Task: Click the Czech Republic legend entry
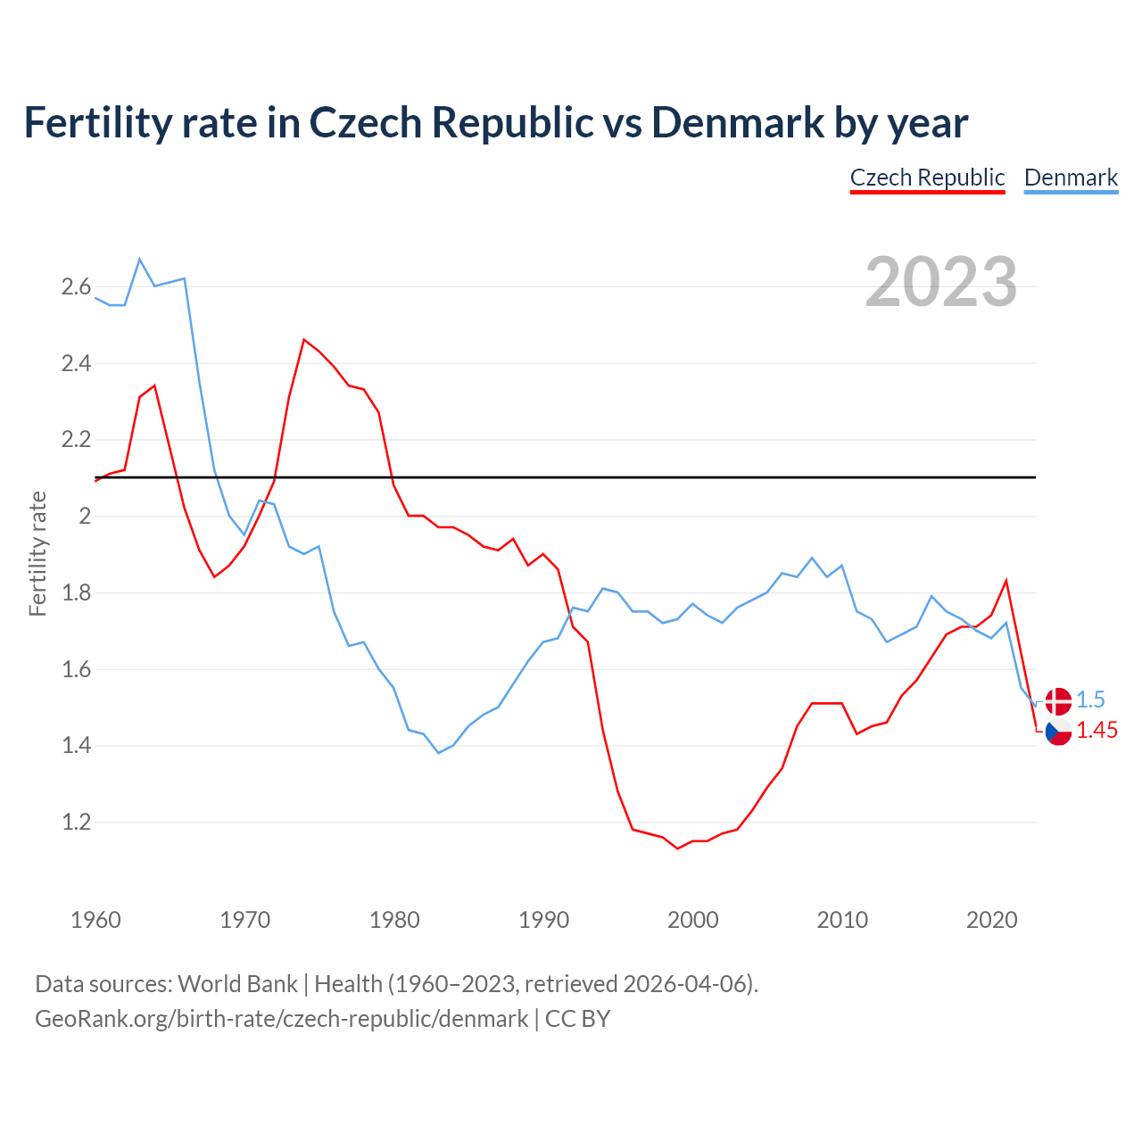(927, 178)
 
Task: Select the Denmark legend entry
(1071, 178)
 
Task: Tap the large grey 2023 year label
(941, 282)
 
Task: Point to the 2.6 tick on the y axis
(76, 287)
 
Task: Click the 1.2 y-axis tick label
(76, 823)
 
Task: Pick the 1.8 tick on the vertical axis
(76, 593)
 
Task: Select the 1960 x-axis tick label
(95, 920)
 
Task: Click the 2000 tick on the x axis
(692, 920)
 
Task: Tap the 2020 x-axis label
(991, 920)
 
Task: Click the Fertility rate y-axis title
(37, 553)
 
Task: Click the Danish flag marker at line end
(1058, 701)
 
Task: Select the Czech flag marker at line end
(1058, 732)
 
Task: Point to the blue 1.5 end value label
(1090, 700)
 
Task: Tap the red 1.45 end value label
(1096, 731)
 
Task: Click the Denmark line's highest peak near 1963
(140, 259)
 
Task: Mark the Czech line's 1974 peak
(304, 339)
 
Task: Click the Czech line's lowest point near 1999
(678, 848)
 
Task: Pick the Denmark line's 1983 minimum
(438, 753)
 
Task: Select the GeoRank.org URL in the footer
(281, 1019)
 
